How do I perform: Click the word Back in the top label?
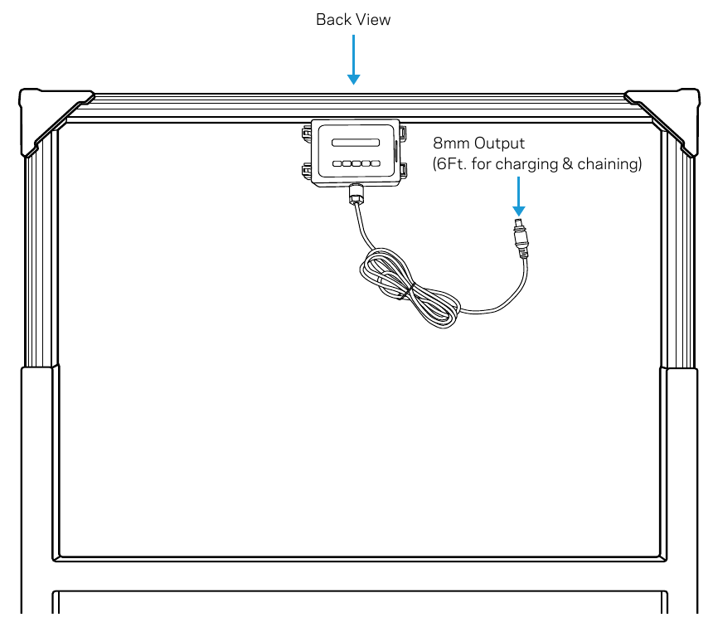[333, 20]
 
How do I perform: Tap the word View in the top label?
[373, 20]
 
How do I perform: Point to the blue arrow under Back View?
[353, 60]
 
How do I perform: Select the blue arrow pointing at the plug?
[518, 196]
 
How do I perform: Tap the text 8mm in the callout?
[451, 143]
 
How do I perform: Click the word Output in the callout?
[499, 143]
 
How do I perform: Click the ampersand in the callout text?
[567, 164]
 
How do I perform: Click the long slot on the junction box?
[356, 143]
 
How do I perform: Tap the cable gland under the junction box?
[356, 194]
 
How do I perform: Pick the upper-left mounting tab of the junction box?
[307, 134]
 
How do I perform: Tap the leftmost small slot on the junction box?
[337, 163]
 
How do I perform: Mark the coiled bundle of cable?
[410, 289]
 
